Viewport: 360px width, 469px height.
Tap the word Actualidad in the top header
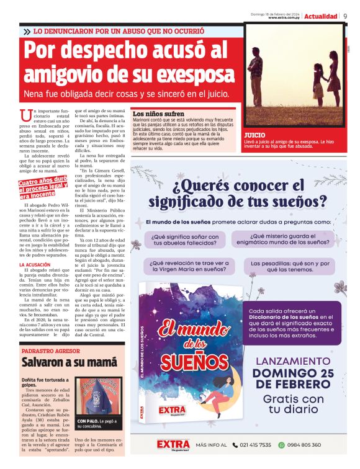[x=321, y=16]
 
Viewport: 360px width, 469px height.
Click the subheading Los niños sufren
[x=159, y=114]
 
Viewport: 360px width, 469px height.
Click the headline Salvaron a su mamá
[x=60, y=362]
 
